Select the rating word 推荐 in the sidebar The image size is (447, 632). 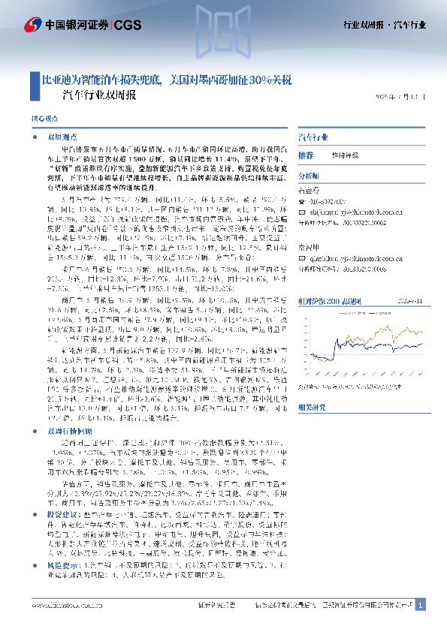tap(306, 155)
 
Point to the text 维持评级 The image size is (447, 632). tap(344, 155)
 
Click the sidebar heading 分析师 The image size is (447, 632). tap(310, 175)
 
